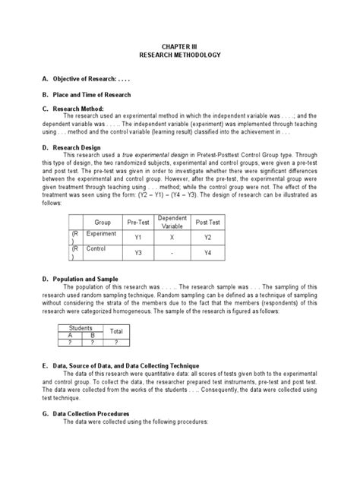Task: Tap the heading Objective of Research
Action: click(88, 79)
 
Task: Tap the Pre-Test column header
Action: click(138, 223)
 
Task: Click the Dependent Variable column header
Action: click(172, 222)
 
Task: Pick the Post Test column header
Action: click(207, 223)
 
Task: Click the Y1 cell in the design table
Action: click(138, 238)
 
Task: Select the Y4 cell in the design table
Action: click(207, 253)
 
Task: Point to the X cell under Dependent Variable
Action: click(172, 238)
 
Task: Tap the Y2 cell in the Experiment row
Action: click(207, 238)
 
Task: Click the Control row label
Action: click(96, 248)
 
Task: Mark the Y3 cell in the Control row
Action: click(138, 253)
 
